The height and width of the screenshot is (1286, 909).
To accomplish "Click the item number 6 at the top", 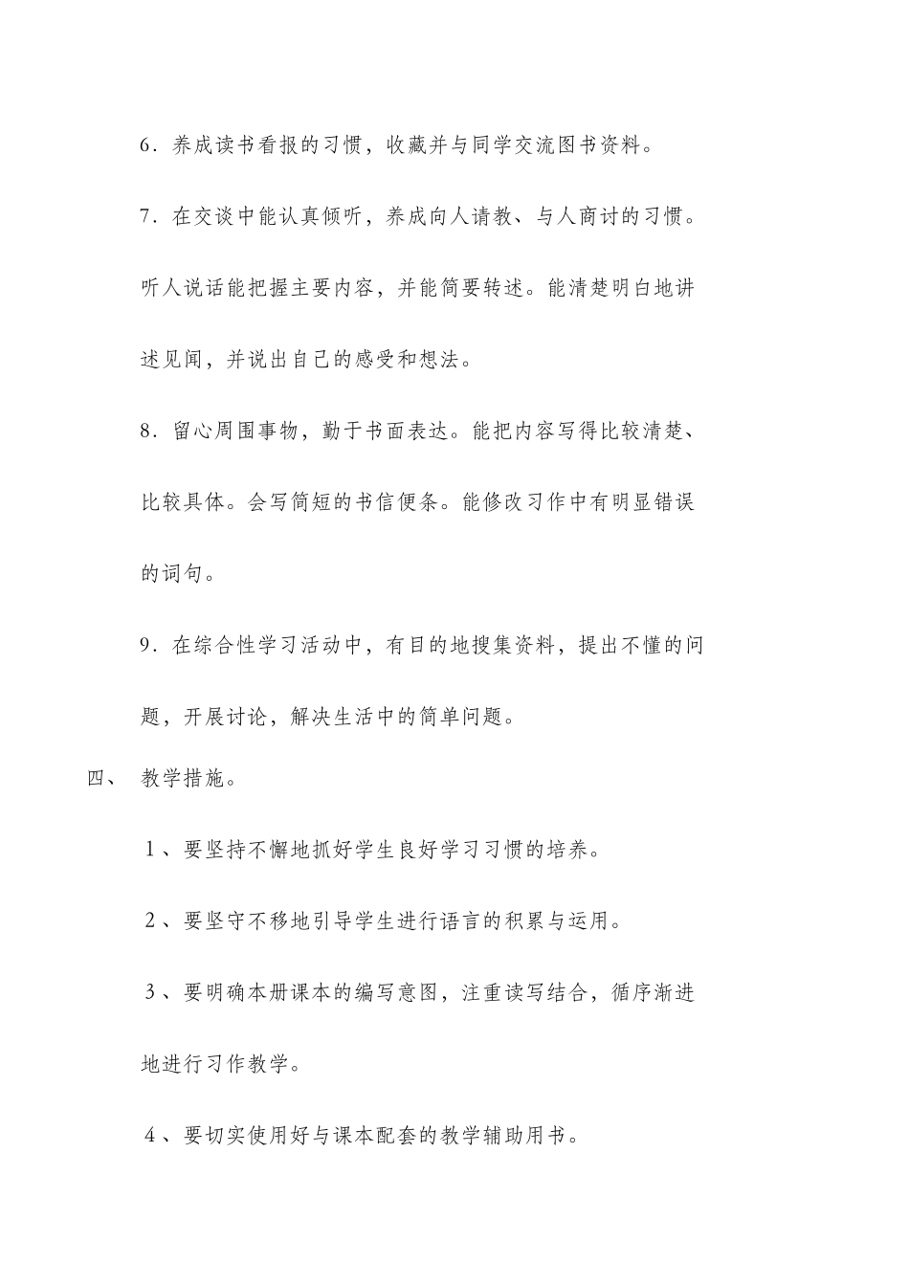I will (146, 146).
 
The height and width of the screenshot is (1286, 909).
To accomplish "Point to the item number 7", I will (146, 217).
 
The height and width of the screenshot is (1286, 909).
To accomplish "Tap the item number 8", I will (146, 431).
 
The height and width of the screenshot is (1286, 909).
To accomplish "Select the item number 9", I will (146, 645).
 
